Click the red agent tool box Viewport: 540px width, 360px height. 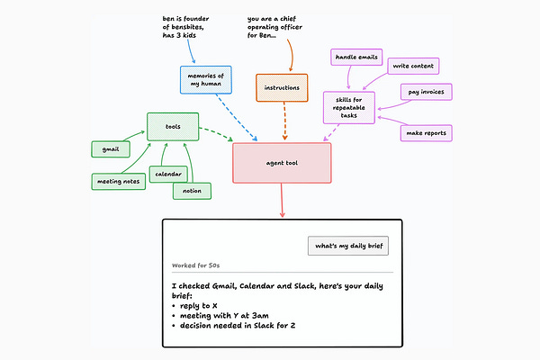[282, 163]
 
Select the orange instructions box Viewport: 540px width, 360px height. [282, 88]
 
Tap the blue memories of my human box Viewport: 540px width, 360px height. [206, 80]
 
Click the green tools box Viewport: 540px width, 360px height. [173, 127]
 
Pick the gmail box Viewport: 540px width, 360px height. [111, 149]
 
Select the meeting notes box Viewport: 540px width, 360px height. [119, 182]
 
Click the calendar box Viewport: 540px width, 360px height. [168, 174]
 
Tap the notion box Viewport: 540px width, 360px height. [192, 191]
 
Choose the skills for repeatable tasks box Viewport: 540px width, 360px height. [349, 107]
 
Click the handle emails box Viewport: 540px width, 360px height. [356, 58]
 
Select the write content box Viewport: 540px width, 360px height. [413, 66]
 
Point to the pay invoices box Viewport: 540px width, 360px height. [426, 92]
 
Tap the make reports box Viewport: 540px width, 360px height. [426, 133]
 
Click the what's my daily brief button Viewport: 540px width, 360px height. [348, 246]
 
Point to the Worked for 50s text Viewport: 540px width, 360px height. [195, 265]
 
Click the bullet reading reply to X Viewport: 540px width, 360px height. [194, 306]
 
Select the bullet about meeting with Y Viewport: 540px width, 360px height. [220, 316]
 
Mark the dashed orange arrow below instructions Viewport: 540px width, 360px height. [284, 121]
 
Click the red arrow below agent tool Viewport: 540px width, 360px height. [282, 201]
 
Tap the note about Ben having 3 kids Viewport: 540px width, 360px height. [185, 27]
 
